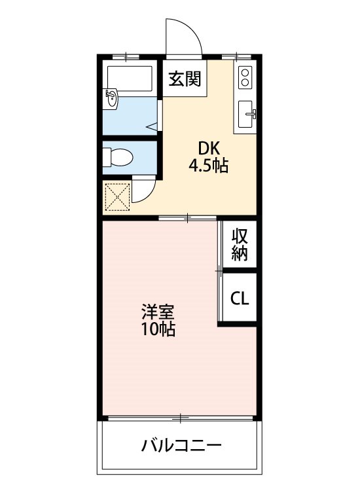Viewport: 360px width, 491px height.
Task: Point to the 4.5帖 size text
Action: coord(208,166)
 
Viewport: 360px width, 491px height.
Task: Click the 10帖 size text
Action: coord(158,329)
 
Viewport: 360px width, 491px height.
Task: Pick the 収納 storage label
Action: coord(240,245)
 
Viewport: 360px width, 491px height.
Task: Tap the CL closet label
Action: coord(240,299)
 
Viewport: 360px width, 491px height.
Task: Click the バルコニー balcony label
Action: coord(181,447)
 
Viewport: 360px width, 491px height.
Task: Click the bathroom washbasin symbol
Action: coord(112,100)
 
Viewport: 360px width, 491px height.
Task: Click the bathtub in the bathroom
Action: coord(130,78)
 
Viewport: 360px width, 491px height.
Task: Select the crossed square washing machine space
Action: coord(118,196)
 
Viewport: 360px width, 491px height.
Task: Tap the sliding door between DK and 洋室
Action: coord(187,217)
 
